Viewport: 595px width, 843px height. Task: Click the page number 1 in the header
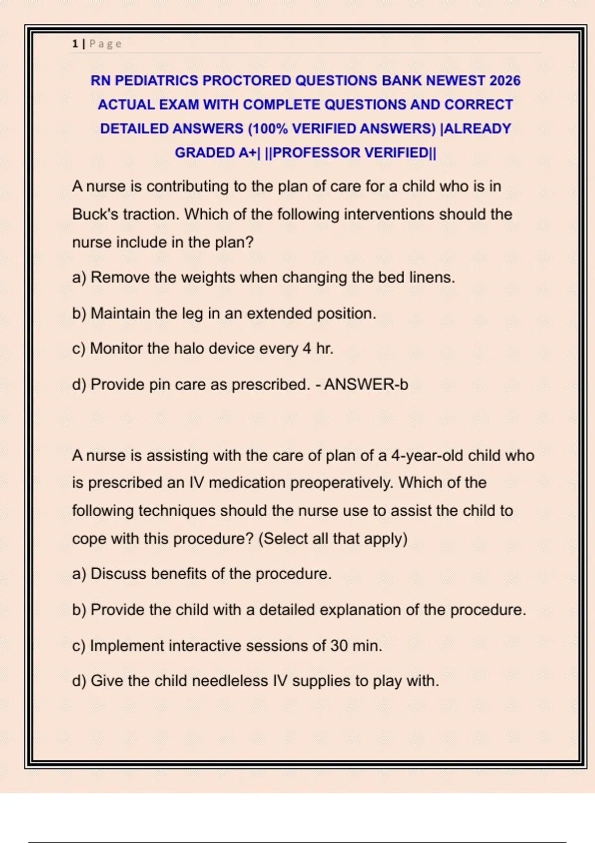tap(75, 44)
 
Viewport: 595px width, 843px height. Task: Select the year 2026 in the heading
tap(505, 80)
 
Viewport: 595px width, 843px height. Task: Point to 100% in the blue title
tap(268, 128)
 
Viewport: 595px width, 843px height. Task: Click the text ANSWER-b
tap(366, 384)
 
